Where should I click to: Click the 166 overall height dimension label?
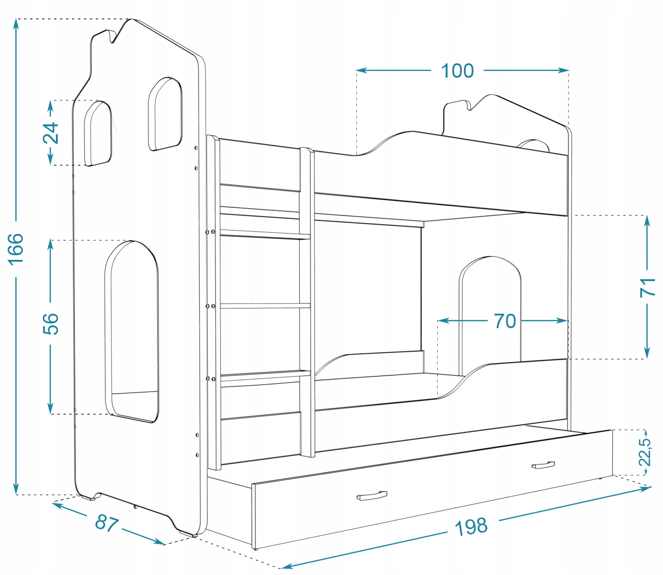coord(16,249)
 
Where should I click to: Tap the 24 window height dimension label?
coord(51,133)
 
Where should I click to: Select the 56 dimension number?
coord(51,324)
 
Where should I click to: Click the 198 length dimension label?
coord(471,526)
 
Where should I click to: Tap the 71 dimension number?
coord(647,287)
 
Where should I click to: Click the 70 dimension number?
coord(505,321)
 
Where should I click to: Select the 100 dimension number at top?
coord(457,71)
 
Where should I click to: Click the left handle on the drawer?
coord(372,496)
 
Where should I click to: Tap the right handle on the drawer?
coord(543,465)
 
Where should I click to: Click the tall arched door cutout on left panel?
coord(132,331)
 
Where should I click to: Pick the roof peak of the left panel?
coord(131,20)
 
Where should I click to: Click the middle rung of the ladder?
coord(265,306)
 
